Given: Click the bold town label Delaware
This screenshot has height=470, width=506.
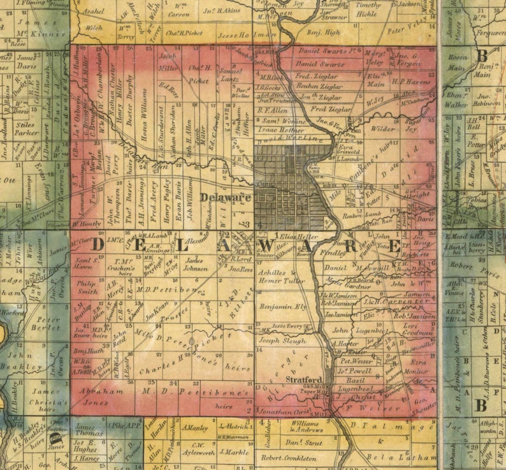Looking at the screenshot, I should point(225,198).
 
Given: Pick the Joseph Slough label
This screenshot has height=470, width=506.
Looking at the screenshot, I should point(282,341).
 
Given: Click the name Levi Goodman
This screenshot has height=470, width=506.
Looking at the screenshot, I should point(418,330).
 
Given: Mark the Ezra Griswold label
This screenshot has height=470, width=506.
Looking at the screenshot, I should point(349,149).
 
